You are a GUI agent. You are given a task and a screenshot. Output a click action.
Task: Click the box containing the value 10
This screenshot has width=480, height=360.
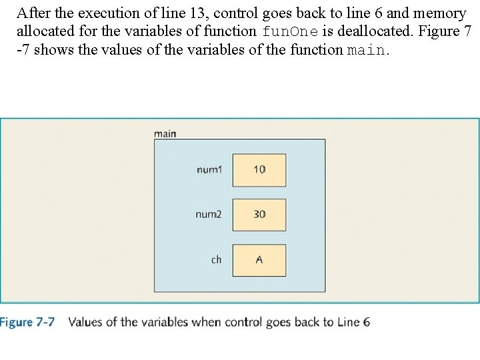coord(259,170)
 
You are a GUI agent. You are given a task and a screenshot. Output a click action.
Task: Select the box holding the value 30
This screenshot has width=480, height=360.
coord(259,215)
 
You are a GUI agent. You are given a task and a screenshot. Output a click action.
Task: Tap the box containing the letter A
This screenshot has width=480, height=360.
coord(259,260)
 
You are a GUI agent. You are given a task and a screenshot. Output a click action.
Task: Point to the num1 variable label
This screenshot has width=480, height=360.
coord(209,170)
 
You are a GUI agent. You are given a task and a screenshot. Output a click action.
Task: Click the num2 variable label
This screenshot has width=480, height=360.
coord(208,215)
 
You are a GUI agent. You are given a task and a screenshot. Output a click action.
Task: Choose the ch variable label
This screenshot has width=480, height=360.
coord(216,260)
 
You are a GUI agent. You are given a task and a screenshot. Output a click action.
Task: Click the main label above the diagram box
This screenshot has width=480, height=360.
coord(165,133)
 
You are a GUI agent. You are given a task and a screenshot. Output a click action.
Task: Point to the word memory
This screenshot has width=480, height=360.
coord(439,13)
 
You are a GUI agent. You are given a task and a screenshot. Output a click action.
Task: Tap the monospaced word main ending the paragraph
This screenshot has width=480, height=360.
coord(366,50)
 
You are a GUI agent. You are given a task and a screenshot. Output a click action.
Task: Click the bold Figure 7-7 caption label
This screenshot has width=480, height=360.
coord(26,323)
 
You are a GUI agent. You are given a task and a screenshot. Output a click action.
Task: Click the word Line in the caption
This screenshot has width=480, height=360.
coord(346,323)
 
